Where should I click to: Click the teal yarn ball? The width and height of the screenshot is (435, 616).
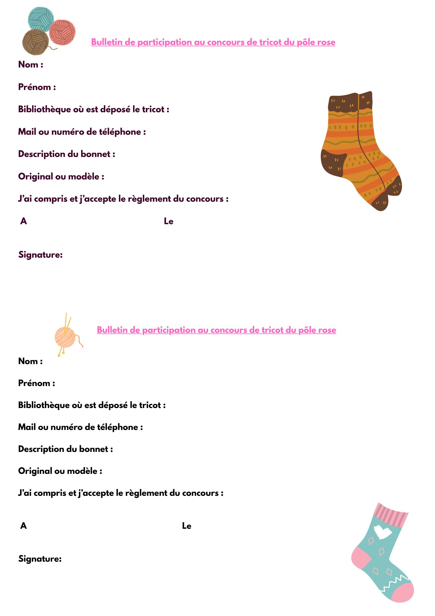click(x=41, y=19)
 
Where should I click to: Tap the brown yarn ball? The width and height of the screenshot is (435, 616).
click(x=35, y=42)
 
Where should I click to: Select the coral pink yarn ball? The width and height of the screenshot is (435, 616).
click(x=62, y=32)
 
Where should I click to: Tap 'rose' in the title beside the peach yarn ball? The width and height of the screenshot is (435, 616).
click(x=326, y=330)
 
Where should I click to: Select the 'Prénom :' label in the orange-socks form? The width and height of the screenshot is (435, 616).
click(x=37, y=87)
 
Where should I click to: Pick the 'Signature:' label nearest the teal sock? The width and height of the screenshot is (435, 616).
click(x=40, y=559)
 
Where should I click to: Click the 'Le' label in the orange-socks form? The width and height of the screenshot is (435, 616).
click(x=169, y=221)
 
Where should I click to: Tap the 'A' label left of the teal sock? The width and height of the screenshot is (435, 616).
click(x=24, y=525)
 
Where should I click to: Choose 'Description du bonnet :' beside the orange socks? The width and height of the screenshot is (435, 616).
click(x=67, y=154)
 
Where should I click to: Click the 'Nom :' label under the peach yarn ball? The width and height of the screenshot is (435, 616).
click(x=30, y=361)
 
